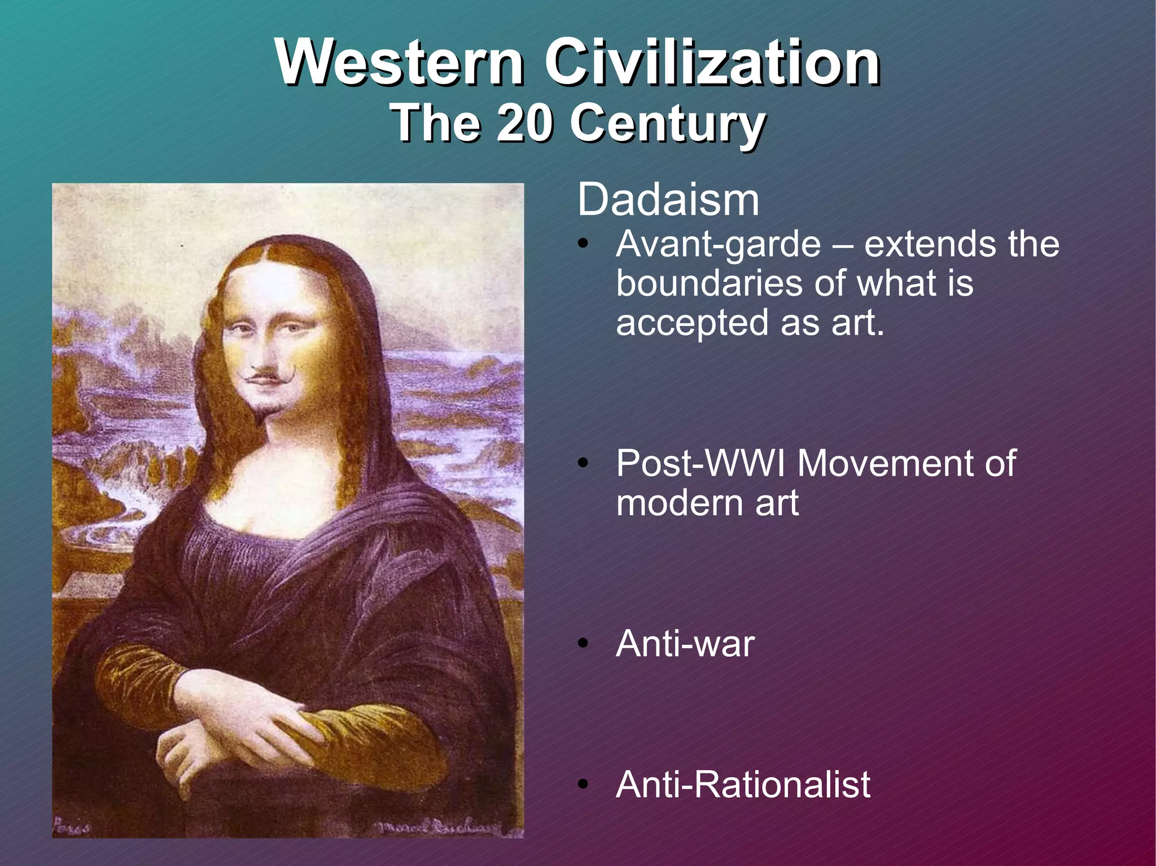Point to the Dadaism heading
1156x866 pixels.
point(668,200)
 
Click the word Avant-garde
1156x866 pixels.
point(718,245)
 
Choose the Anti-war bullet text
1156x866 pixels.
point(685,644)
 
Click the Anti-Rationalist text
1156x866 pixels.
point(743,785)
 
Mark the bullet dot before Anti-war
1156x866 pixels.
point(583,644)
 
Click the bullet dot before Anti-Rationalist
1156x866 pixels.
point(583,785)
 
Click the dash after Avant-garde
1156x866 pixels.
point(842,246)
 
